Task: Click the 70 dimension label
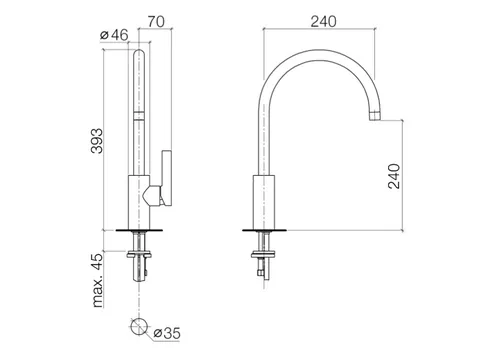(156, 21)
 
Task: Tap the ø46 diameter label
(114, 35)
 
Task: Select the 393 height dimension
(97, 141)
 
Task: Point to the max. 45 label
(98, 280)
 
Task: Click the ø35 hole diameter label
(167, 333)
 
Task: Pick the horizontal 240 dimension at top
(324, 22)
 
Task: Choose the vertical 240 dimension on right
(394, 176)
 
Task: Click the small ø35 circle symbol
(139, 326)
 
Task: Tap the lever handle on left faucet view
(167, 178)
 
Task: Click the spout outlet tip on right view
(375, 116)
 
